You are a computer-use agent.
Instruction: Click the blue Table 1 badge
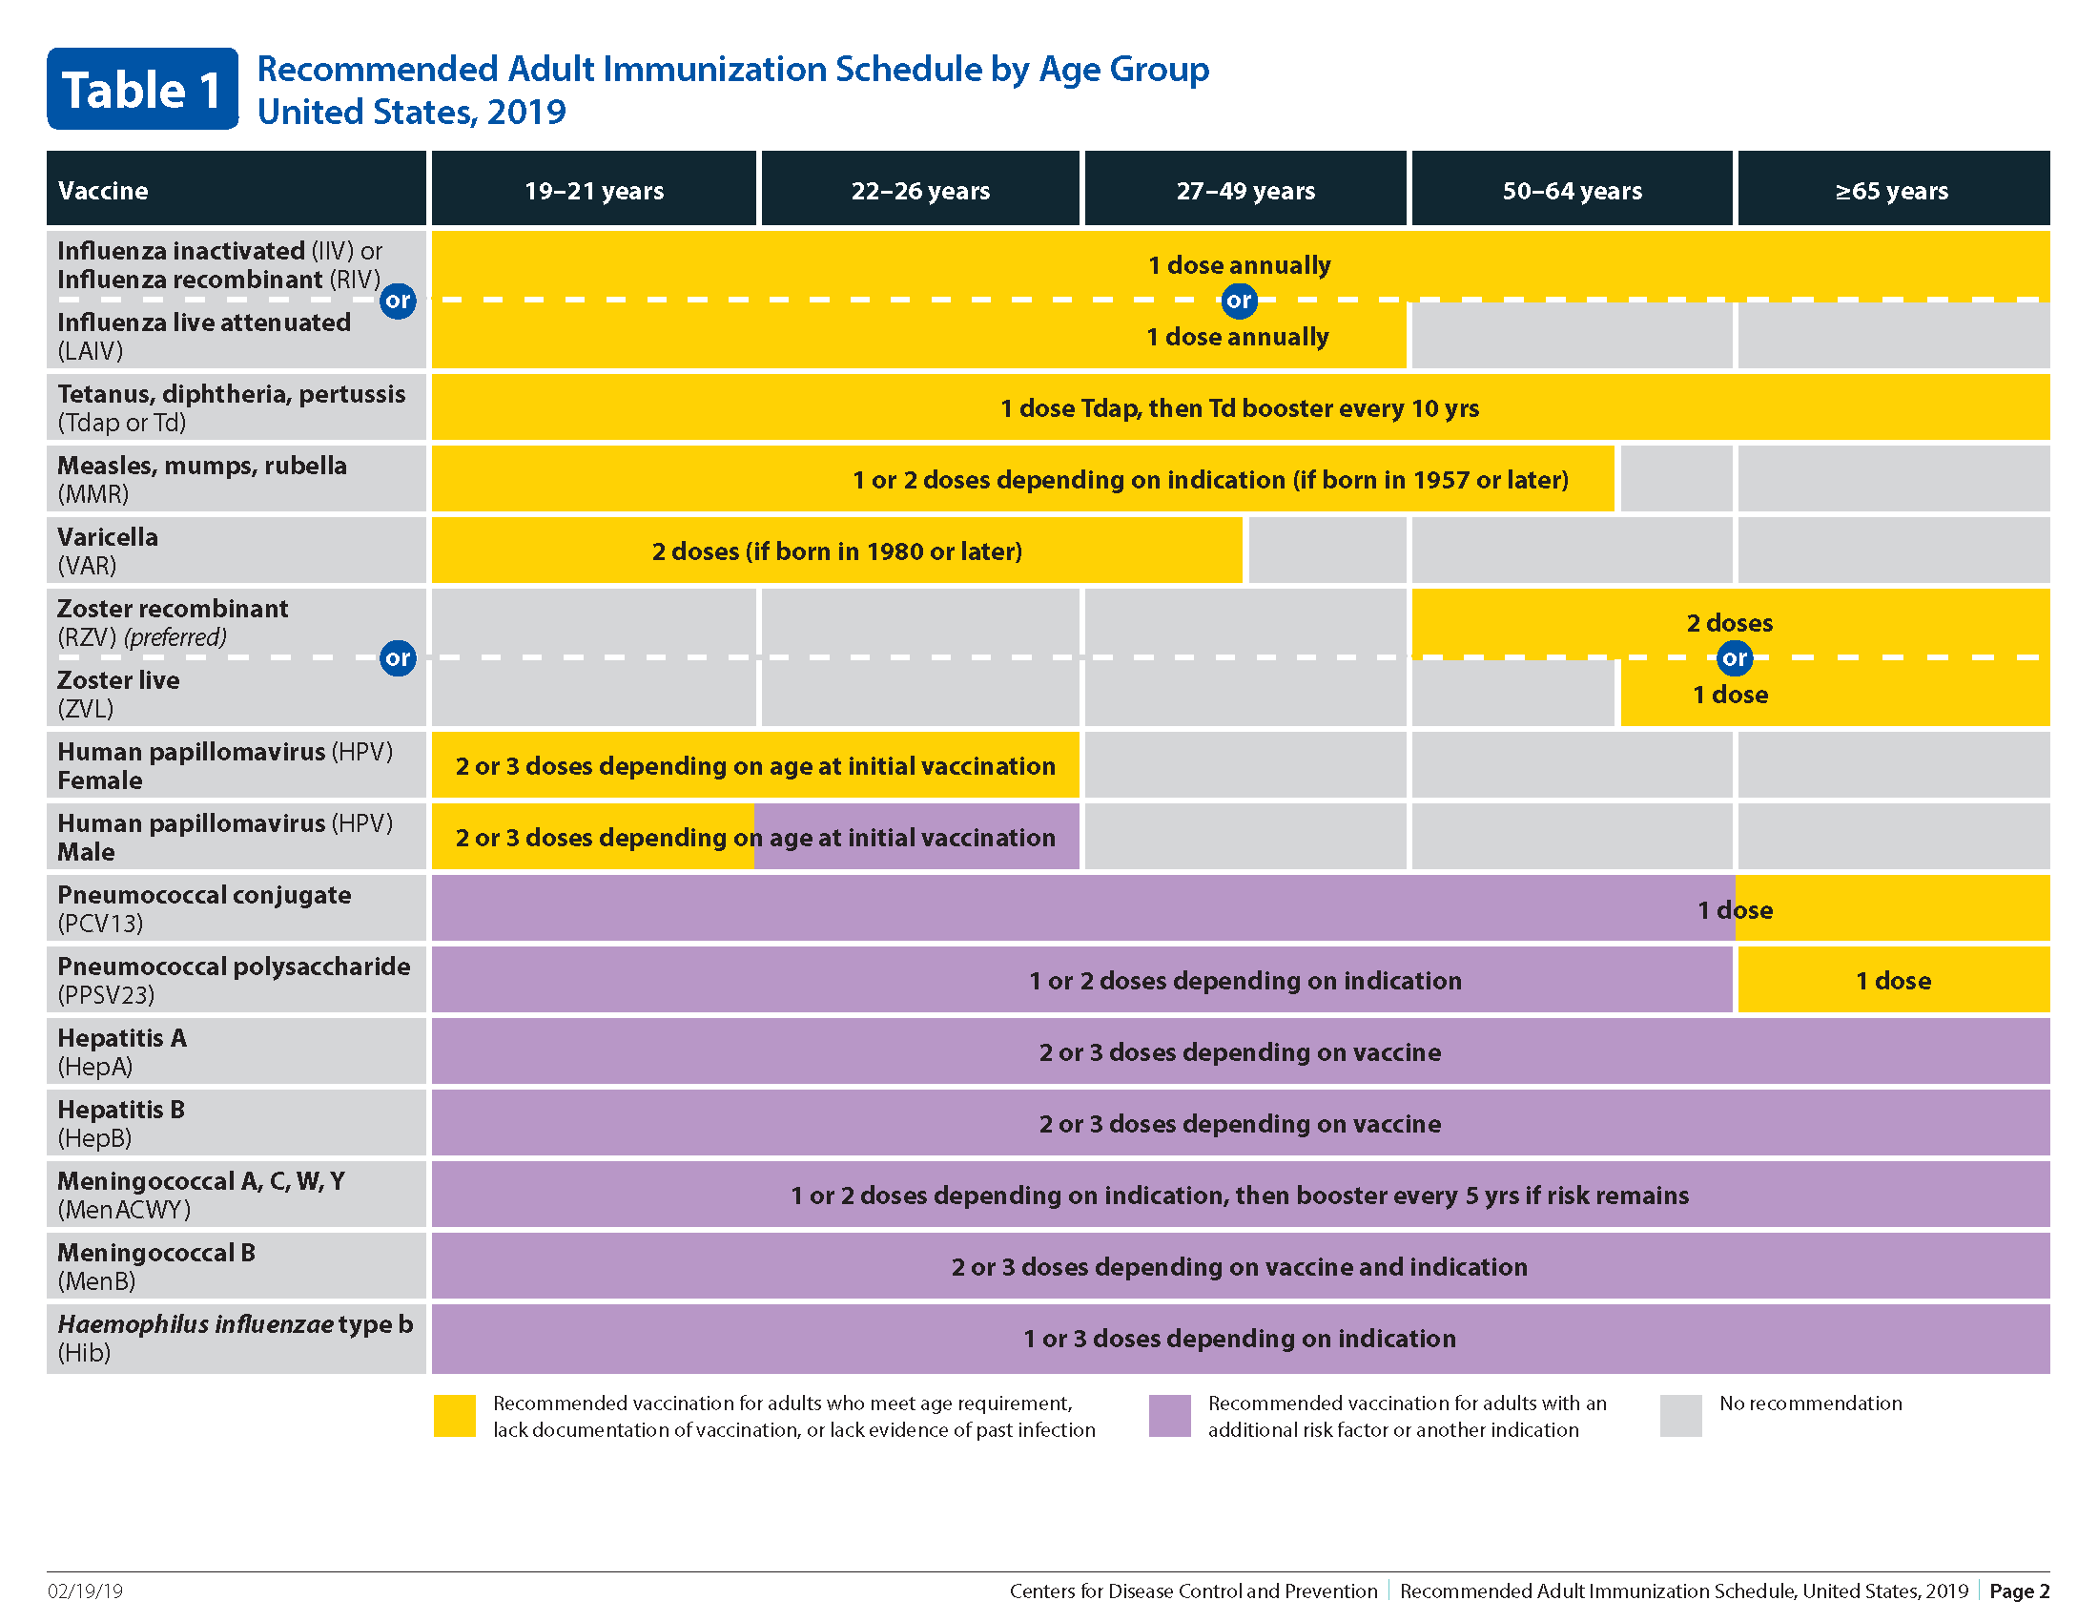(142, 89)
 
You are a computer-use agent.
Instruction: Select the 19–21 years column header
(594, 189)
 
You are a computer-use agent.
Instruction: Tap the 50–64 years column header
(1572, 189)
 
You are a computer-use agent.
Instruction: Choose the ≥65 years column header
(1893, 189)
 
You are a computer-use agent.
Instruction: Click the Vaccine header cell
(237, 189)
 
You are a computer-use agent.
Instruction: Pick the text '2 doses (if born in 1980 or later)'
(836, 551)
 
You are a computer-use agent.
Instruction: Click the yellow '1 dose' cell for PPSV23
(1893, 980)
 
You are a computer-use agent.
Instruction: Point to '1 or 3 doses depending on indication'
(1239, 1339)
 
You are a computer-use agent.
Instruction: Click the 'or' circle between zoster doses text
(1734, 658)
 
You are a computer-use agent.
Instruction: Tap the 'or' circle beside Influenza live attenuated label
(398, 301)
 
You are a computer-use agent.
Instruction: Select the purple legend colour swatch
(1169, 1416)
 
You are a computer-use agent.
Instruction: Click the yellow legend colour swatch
(454, 1416)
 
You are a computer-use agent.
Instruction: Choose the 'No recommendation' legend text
(1811, 1403)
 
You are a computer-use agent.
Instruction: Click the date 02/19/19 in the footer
(86, 1591)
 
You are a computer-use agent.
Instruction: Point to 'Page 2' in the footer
(2019, 1591)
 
